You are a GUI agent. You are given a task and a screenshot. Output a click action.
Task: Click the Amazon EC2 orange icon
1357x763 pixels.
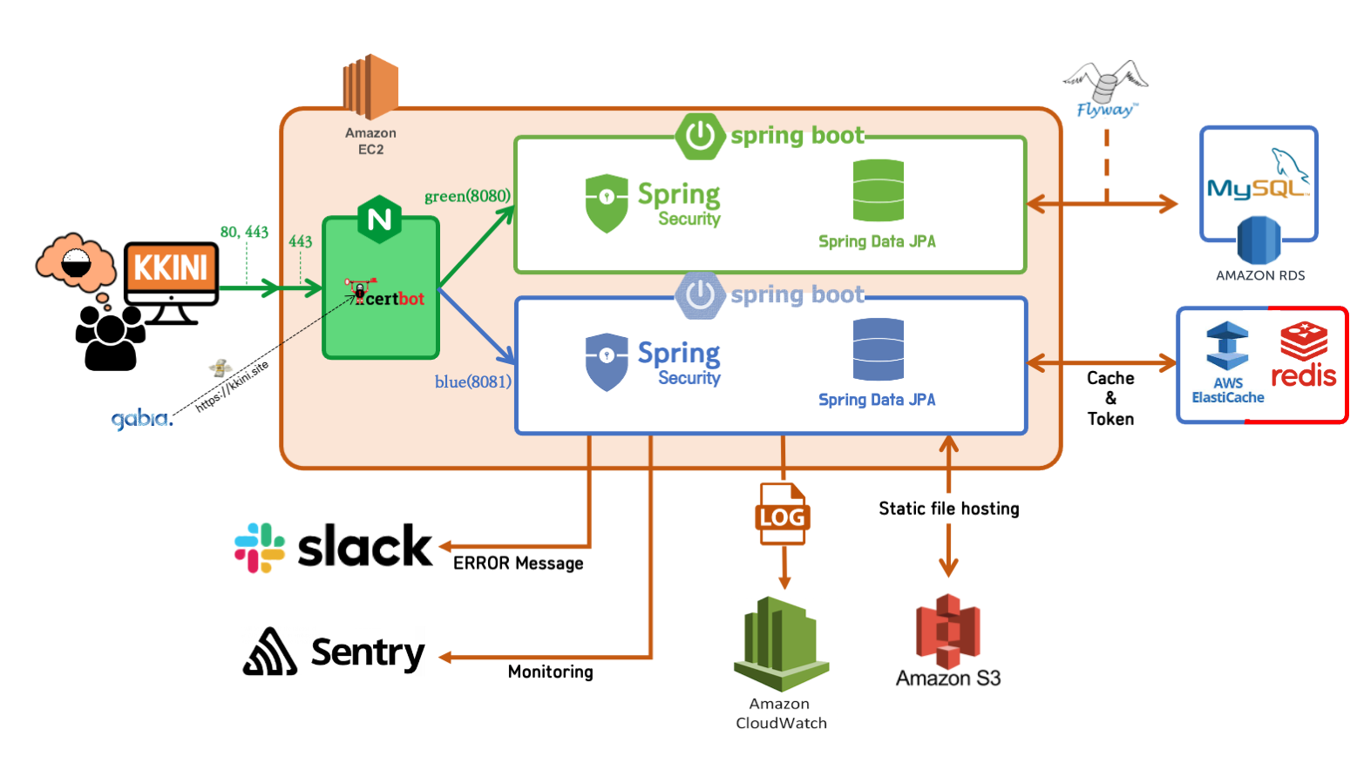point(370,86)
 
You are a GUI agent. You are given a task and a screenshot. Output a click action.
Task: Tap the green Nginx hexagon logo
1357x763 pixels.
point(380,219)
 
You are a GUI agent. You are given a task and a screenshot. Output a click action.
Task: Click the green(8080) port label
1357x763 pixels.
point(467,196)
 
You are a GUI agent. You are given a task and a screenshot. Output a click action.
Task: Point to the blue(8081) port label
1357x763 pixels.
point(473,381)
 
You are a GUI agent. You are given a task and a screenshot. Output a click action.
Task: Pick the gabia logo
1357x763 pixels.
point(141,419)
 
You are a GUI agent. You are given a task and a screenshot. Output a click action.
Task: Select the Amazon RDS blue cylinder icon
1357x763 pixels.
point(1259,240)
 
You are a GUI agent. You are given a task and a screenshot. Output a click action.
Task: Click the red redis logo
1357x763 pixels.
point(1304,354)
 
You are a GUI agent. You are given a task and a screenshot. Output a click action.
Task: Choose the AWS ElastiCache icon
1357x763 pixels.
point(1227,347)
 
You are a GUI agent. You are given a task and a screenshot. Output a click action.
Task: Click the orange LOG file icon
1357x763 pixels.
point(782,515)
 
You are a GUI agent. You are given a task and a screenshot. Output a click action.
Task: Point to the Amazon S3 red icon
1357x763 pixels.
point(948,631)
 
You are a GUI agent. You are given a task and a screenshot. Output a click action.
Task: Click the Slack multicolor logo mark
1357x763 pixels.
point(260,548)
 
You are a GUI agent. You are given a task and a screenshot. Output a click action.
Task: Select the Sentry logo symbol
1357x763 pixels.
point(270,652)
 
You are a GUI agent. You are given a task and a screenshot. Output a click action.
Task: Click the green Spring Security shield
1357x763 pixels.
point(607,203)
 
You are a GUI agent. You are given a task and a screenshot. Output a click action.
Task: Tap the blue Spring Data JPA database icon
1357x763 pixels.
point(878,349)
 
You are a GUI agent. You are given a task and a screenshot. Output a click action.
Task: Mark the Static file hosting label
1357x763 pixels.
point(948,509)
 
